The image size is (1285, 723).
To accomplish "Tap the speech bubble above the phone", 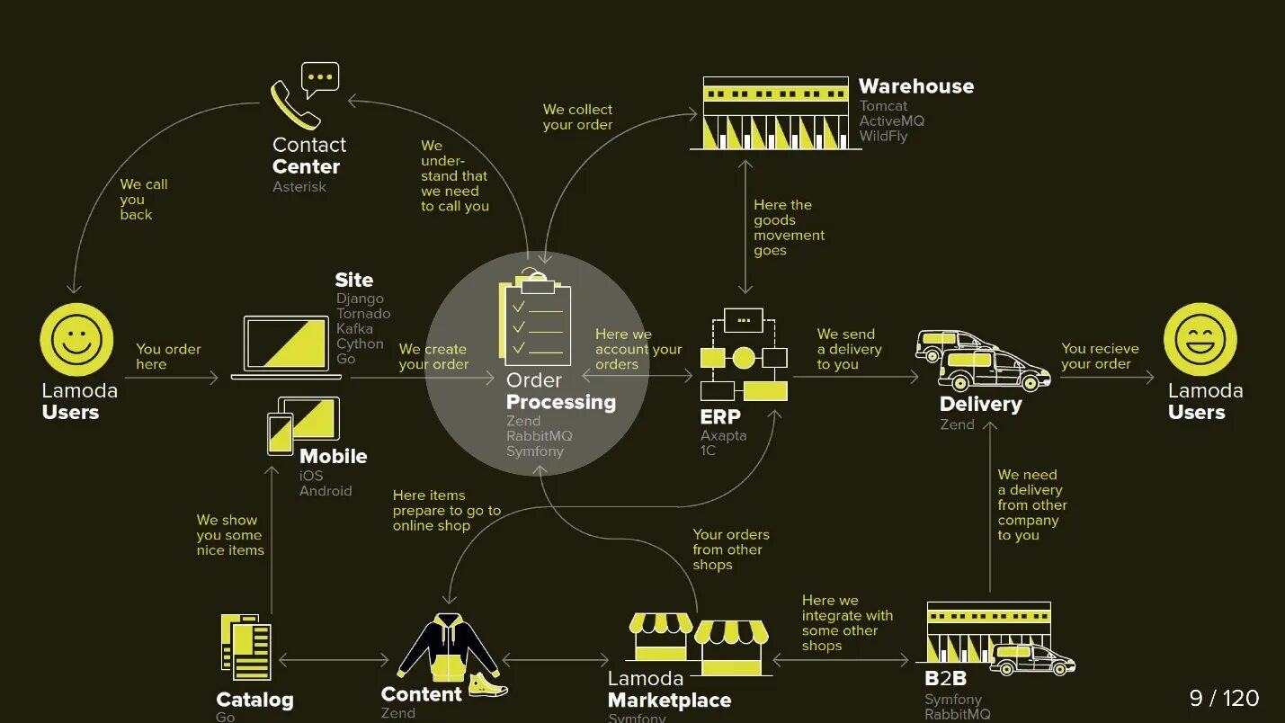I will coord(319,78).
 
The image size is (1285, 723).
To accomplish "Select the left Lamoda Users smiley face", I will coord(76,340).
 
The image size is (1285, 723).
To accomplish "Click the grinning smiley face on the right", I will coord(1200,340).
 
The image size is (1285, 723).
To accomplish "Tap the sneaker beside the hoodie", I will coord(487,685).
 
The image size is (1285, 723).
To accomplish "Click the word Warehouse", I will coord(915,86).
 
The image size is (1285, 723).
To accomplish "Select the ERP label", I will coord(720,416).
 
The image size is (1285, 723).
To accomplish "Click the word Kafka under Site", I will coord(354,329).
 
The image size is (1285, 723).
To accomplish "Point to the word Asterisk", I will coord(299,187).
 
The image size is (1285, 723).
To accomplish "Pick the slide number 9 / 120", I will coord(1224,698).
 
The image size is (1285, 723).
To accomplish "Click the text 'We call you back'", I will coord(143,200).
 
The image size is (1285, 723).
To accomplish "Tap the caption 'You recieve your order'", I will coord(1099,356).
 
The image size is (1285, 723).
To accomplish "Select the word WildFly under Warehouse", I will coord(883,137).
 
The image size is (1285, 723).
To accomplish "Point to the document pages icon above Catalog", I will coord(246,647).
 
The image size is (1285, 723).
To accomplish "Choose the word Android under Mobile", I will coord(326,491).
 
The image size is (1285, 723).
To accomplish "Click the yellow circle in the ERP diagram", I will coord(744,358).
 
